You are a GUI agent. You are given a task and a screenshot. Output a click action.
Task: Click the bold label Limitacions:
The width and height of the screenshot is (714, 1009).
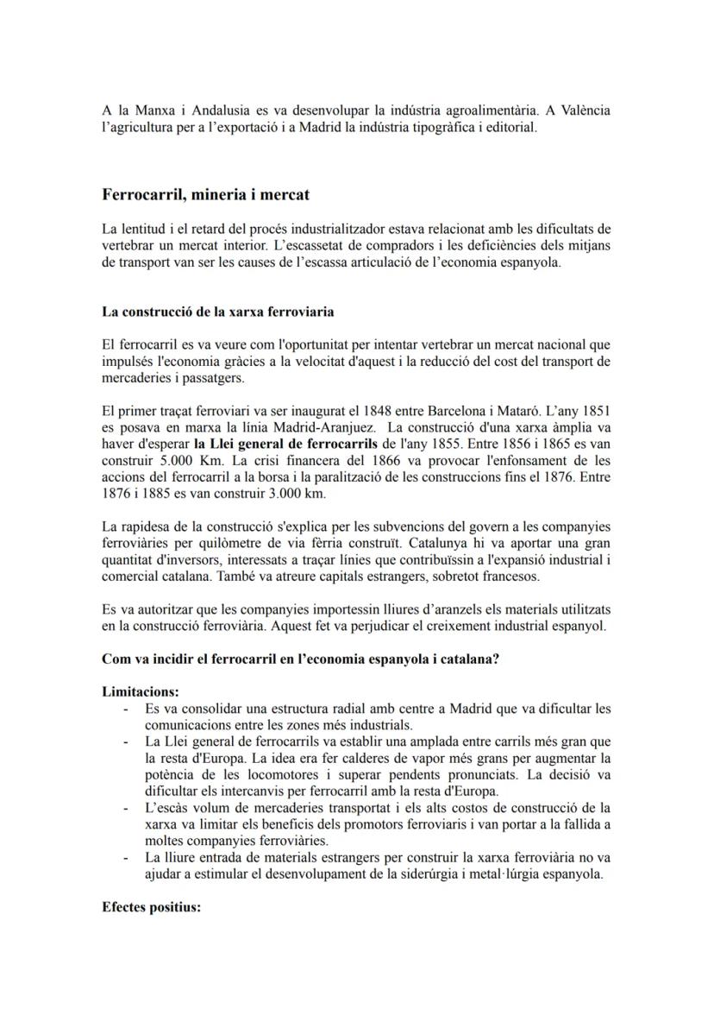(x=141, y=692)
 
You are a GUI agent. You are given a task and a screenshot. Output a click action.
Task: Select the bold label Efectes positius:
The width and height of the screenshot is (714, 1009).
(x=151, y=907)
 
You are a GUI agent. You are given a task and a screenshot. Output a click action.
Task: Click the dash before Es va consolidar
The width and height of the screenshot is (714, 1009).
(x=127, y=709)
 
